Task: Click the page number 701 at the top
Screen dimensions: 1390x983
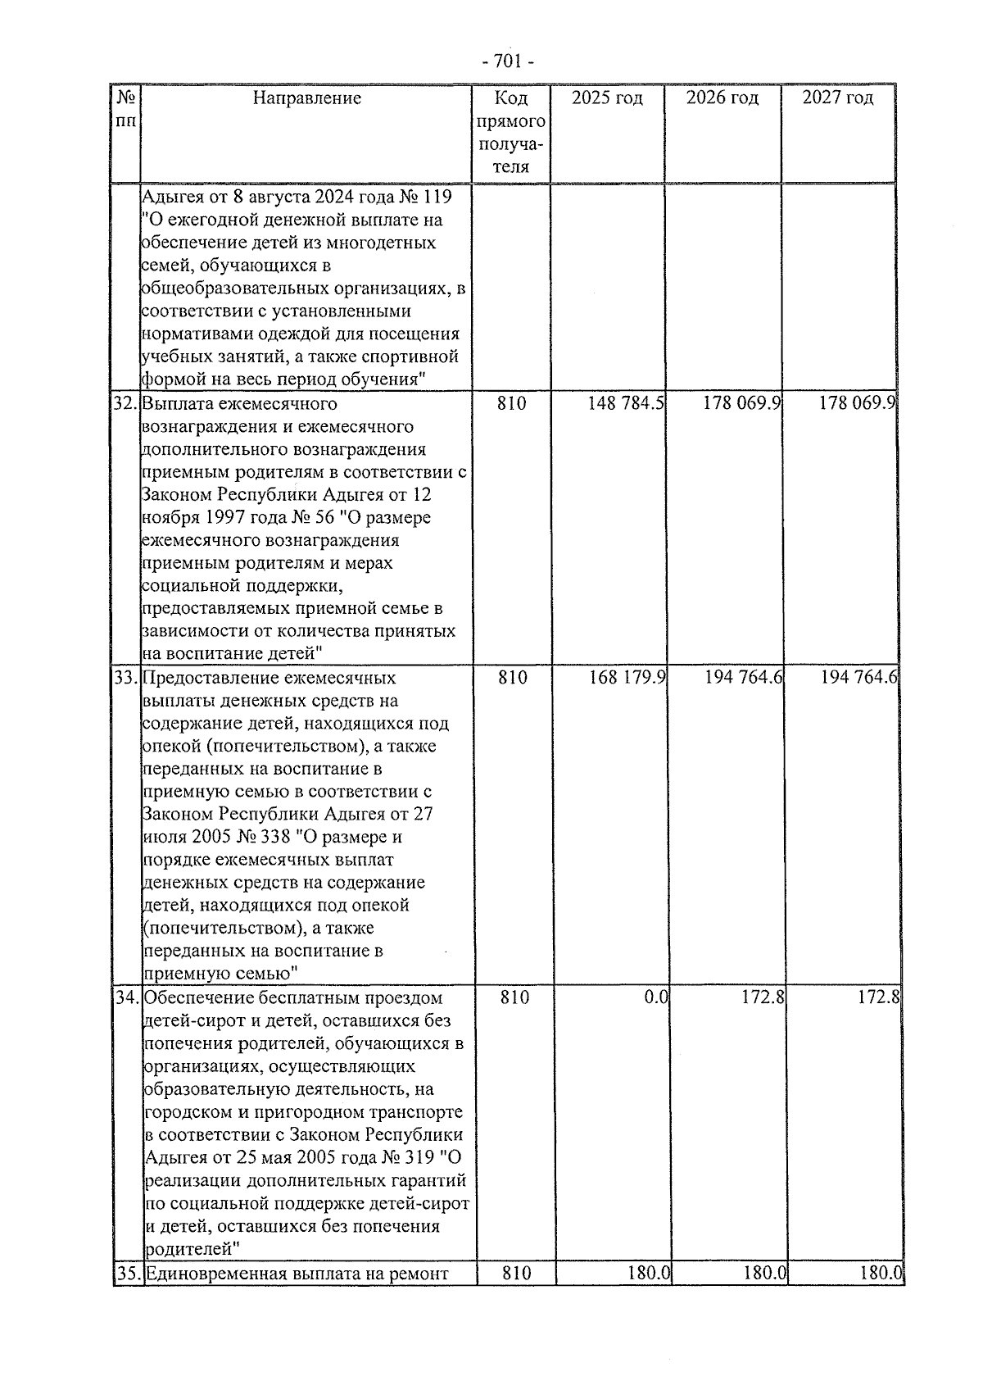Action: point(508,62)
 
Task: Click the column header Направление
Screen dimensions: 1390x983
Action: point(306,98)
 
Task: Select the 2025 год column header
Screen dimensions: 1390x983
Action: point(607,98)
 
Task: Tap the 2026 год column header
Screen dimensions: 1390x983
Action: point(722,98)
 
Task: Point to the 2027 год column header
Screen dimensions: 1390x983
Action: point(837,98)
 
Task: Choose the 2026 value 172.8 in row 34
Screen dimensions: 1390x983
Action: point(759,997)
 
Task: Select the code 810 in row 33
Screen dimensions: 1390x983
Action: point(513,678)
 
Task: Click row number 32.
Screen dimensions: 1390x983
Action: point(126,404)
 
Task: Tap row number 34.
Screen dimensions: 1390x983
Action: point(126,998)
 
